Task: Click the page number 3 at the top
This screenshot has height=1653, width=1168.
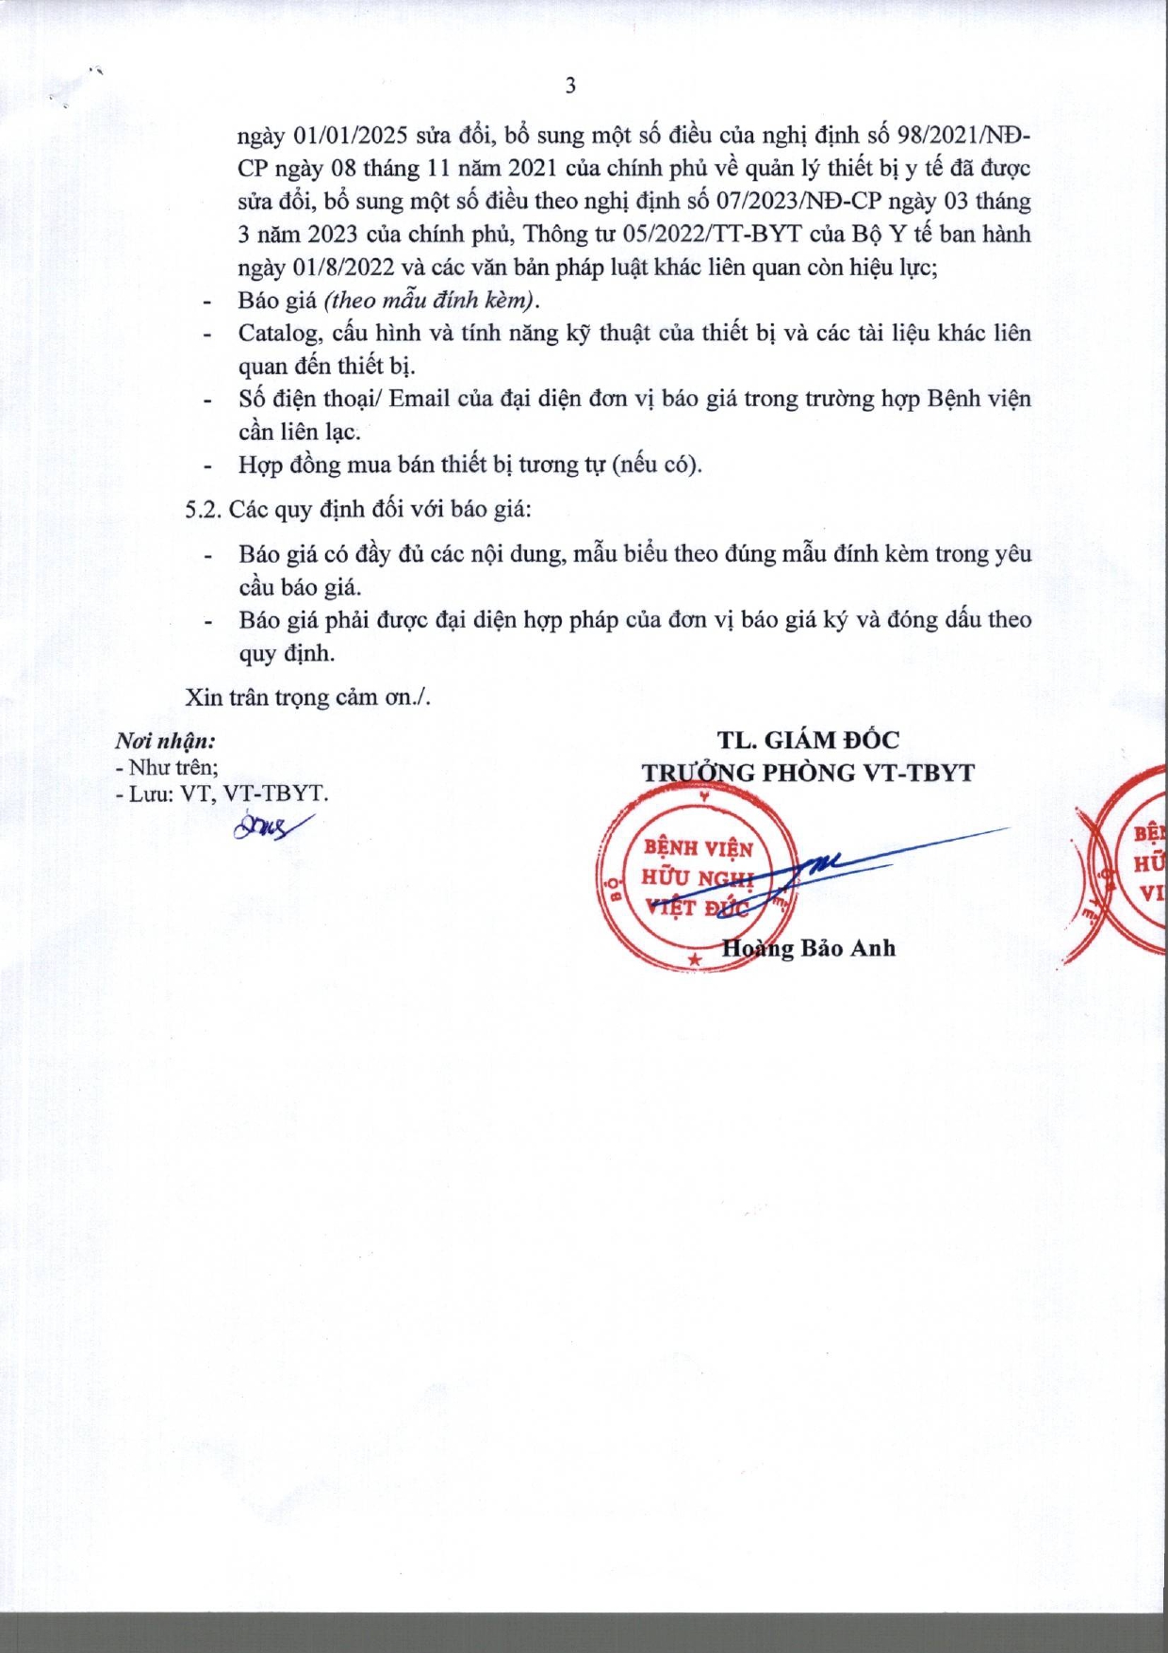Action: [570, 86]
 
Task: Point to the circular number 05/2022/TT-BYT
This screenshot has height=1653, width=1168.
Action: [712, 235]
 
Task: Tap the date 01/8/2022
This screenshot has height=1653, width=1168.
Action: [344, 268]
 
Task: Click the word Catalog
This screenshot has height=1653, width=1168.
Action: [278, 334]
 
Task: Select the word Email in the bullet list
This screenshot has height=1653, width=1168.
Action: [419, 400]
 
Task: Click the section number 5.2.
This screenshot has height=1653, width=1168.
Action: [203, 510]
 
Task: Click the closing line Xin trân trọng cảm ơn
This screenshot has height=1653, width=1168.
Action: [307, 697]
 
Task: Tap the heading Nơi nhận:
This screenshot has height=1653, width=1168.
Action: [165, 741]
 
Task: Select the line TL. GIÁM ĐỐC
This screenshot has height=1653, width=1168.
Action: [808, 741]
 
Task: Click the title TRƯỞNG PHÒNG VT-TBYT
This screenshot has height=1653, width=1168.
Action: [808, 773]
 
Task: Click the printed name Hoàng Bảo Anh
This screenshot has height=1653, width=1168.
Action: [808, 948]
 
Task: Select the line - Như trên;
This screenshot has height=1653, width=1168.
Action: [167, 767]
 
